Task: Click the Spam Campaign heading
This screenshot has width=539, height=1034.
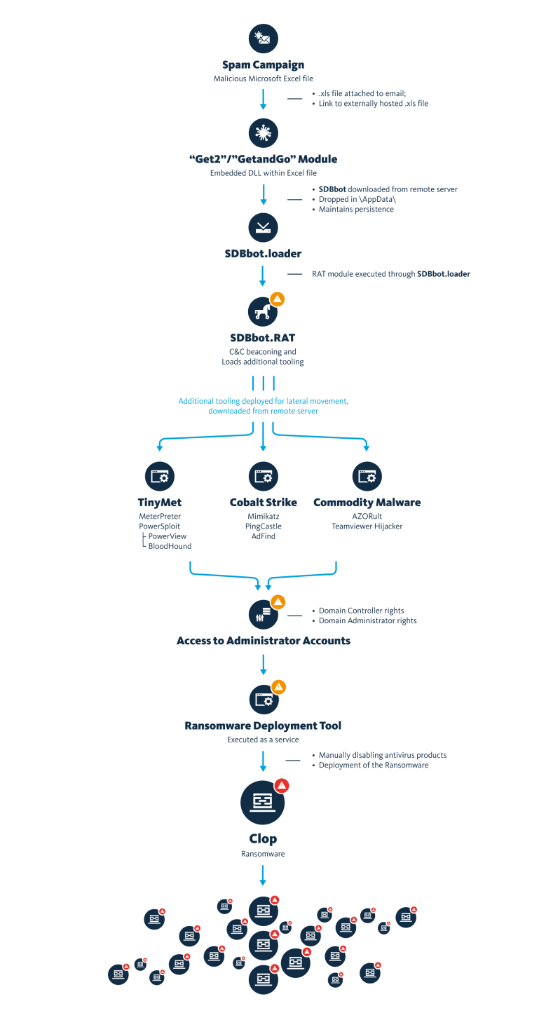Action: pyautogui.click(x=263, y=64)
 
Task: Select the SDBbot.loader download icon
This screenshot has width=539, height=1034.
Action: pyautogui.click(x=263, y=227)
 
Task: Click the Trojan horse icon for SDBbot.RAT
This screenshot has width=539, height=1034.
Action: pyautogui.click(x=263, y=311)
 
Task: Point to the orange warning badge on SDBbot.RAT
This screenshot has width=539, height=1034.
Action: pyautogui.click(x=278, y=299)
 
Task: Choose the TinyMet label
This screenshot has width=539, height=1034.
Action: pyautogui.click(x=160, y=502)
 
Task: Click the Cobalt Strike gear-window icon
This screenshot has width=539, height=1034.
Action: pyautogui.click(x=263, y=477)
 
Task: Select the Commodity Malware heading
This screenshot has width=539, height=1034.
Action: pyautogui.click(x=367, y=502)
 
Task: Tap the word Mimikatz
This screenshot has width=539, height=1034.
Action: pyautogui.click(x=263, y=516)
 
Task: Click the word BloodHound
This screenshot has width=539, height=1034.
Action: pyautogui.click(x=170, y=546)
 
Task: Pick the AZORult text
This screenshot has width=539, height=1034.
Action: pyautogui.click(x=367, y=516)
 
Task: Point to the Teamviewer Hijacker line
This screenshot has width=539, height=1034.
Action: pyautogui.click(x=367, y=526)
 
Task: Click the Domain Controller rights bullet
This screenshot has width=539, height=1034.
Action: pyautogui.click(x=361, y=611)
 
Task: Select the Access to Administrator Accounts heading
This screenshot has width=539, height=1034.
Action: pyautogui.click(x=263, y=641)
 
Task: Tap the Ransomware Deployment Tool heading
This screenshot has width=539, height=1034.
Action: pyautogui.click(x=263, y=726)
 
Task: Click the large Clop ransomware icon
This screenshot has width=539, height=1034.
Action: pyautogui.click(x=263, y=801)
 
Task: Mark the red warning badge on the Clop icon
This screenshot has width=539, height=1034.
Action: pyautogui.click(x=282, y=785)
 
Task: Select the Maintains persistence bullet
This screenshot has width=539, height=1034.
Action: pyautogui.click(x=356, y=209)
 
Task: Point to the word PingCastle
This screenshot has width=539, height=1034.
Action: pyautogui.click(x=263, y=526)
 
